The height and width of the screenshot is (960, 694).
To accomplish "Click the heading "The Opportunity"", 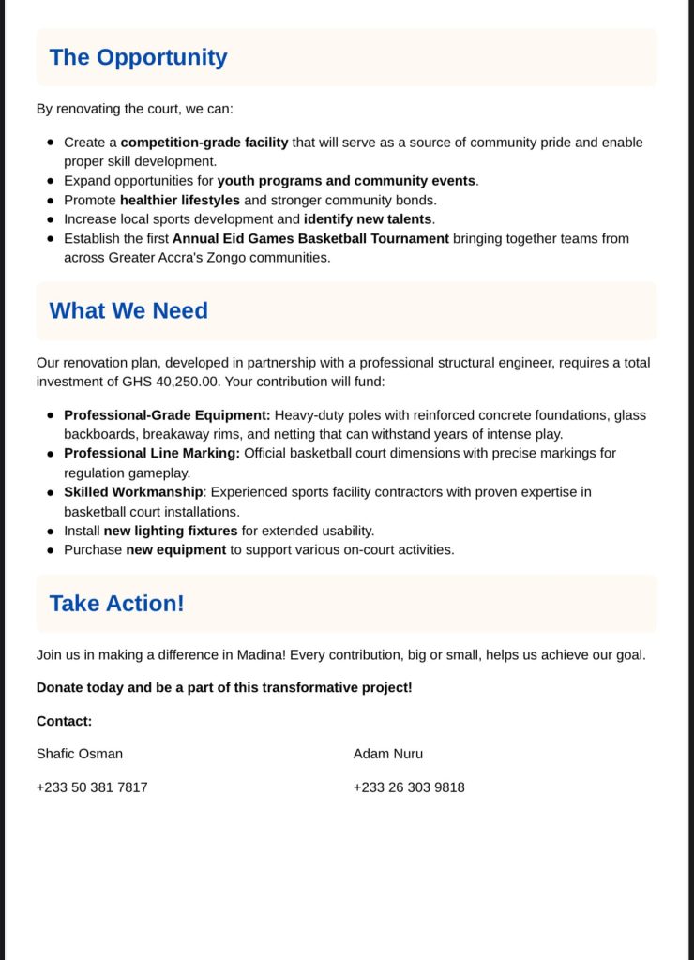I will tap(138, 57).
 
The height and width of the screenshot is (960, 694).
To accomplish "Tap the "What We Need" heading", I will tap(128, 310).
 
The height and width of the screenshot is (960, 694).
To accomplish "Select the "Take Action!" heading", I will tap(116, 603).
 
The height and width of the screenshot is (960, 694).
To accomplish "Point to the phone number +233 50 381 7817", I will tap(92, 787).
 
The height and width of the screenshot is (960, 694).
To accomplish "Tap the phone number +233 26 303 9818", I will tap(409, 787).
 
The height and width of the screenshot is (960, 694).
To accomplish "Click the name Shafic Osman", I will tap(80, 753).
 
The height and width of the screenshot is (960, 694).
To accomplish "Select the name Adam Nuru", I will tap(388, 753).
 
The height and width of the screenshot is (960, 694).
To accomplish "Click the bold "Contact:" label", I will tap(64, 720).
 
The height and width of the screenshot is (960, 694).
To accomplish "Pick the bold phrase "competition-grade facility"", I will tap(204, 142).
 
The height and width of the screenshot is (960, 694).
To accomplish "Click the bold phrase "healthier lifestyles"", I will tap(180, 200).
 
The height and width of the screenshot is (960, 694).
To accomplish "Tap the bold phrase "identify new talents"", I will tap(368, 218).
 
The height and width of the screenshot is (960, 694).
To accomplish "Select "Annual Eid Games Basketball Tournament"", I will tap(310, 238).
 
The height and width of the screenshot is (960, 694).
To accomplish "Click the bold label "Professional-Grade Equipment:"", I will tap(167, 414).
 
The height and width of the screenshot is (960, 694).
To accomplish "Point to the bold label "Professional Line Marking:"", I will tap(152, 453).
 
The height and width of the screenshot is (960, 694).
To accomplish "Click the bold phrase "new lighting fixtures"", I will tap(171, 531).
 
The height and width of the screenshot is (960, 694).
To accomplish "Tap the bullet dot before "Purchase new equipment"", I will tap(50, 550).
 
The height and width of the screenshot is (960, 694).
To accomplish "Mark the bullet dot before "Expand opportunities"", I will tap(50, 181).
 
